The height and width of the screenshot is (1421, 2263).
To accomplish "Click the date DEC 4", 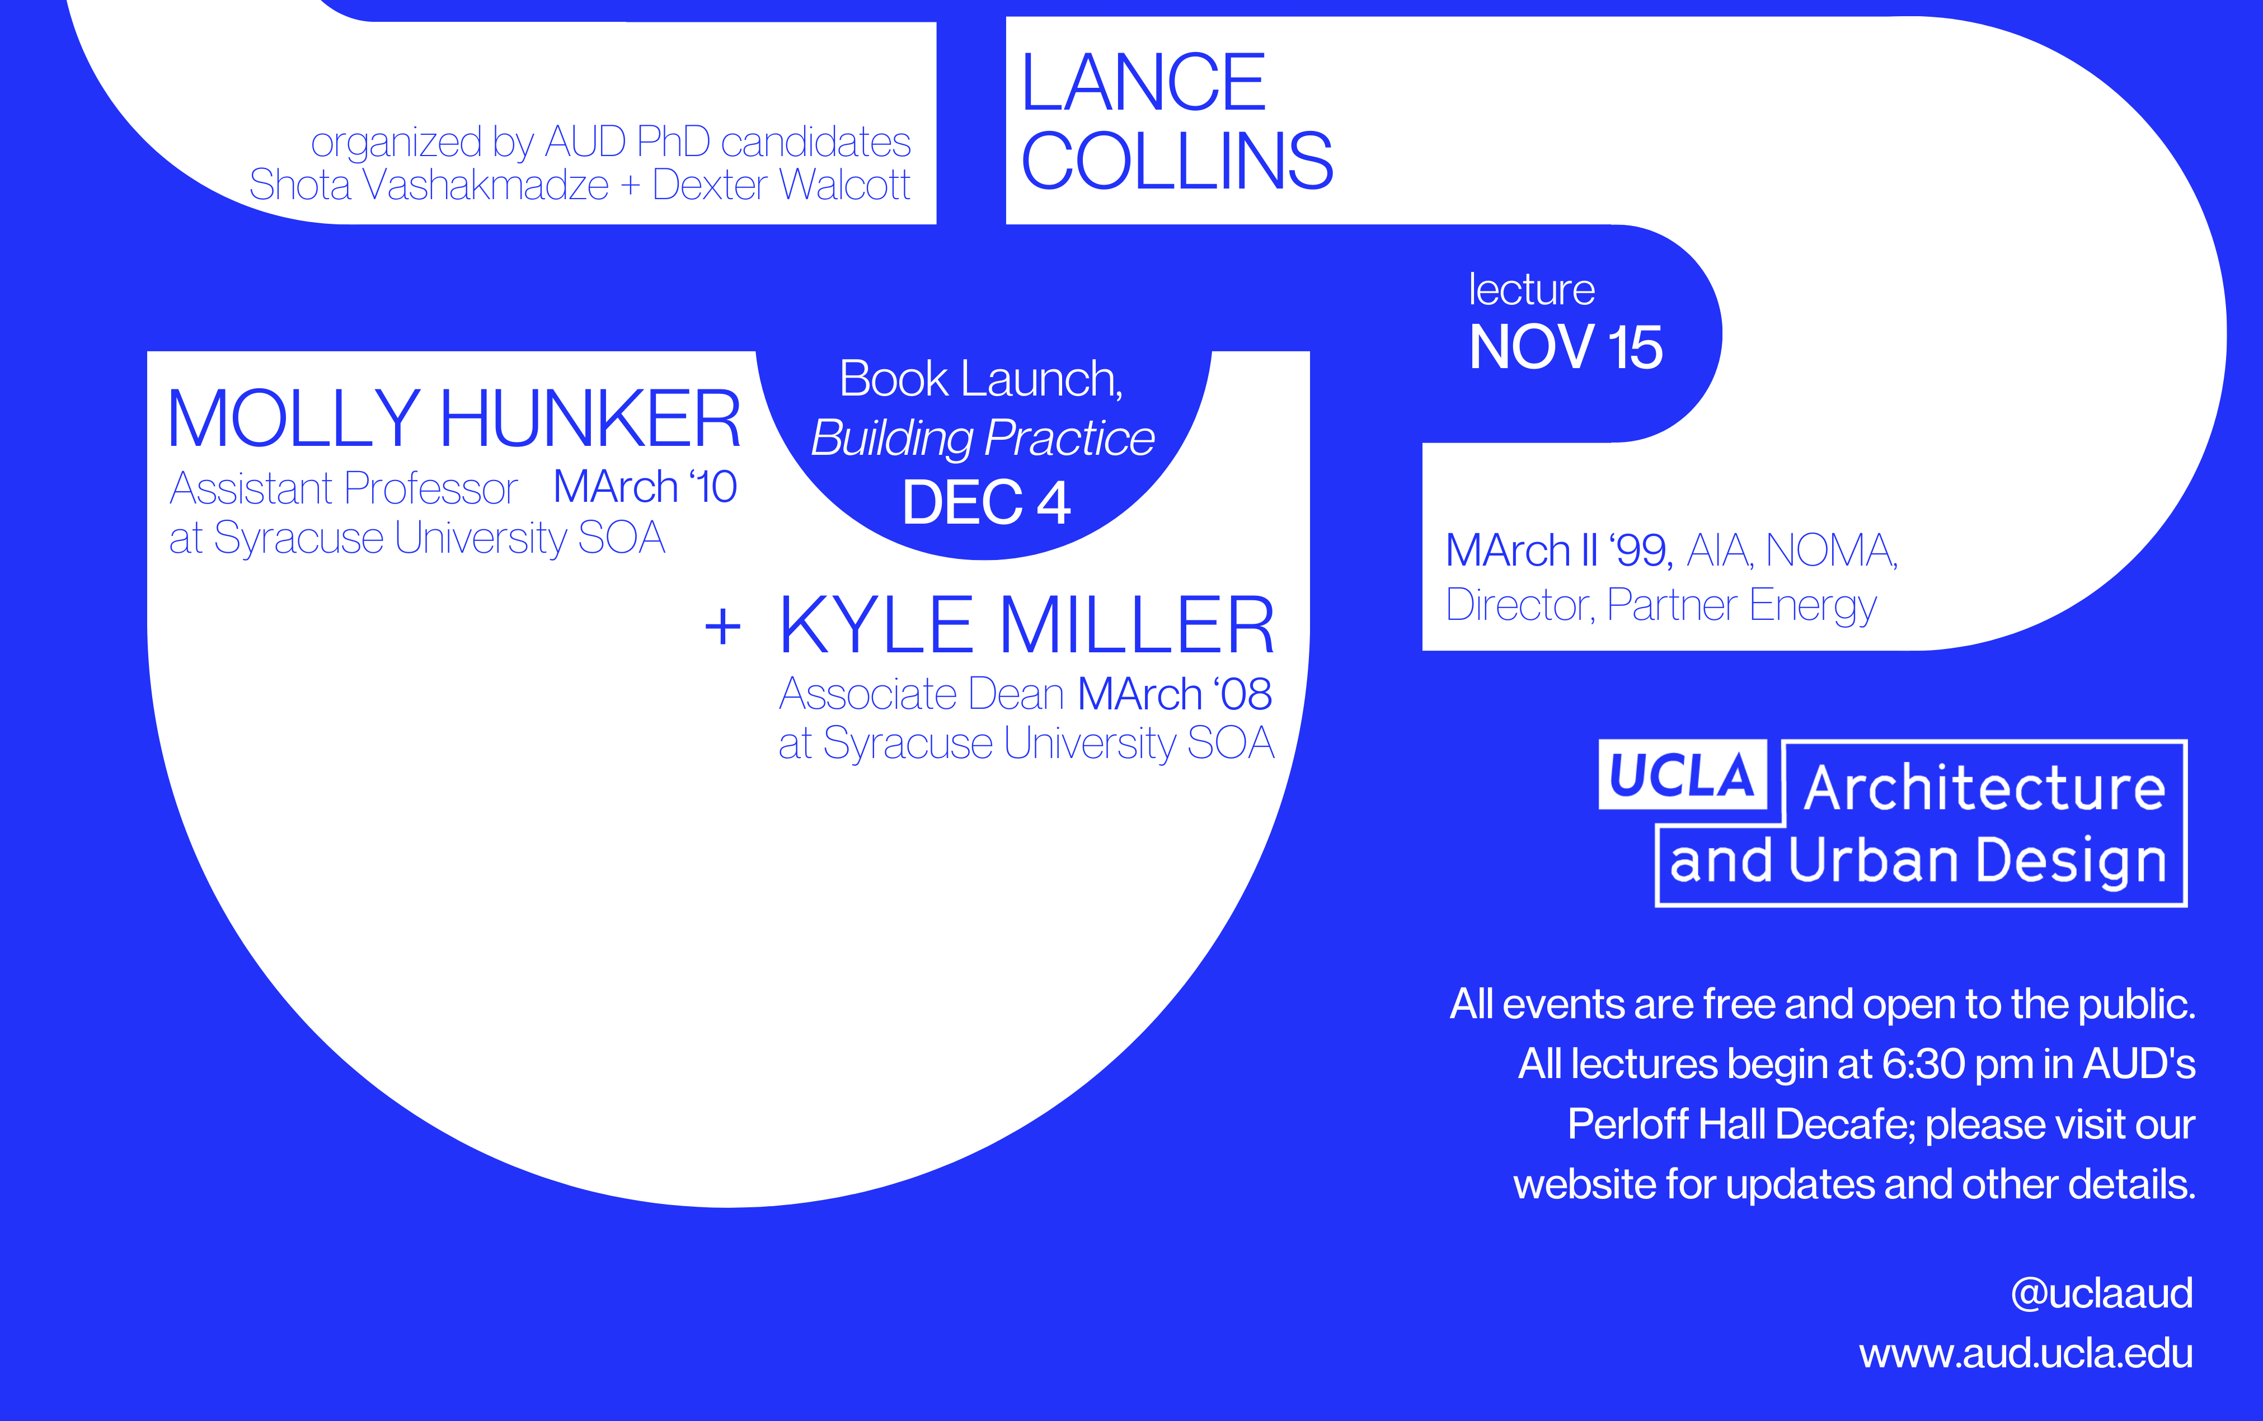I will coord(986,503).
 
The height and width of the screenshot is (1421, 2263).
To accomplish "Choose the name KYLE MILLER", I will coord(1026,626).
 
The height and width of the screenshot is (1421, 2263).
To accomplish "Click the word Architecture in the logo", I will coord(1985,788).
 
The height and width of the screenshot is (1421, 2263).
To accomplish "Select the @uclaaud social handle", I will coord(2101,1294).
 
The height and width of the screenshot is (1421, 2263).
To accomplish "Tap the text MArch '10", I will coord(645,487).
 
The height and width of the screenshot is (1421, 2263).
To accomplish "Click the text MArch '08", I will coord(1175,694).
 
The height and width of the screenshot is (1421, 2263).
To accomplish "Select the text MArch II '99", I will coord(1558,550).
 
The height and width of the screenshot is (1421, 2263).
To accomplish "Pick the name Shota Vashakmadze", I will coord(429,185).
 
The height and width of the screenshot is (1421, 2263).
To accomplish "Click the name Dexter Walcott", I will coord(781,185).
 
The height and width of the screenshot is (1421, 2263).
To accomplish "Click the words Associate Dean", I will coord(921,694).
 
